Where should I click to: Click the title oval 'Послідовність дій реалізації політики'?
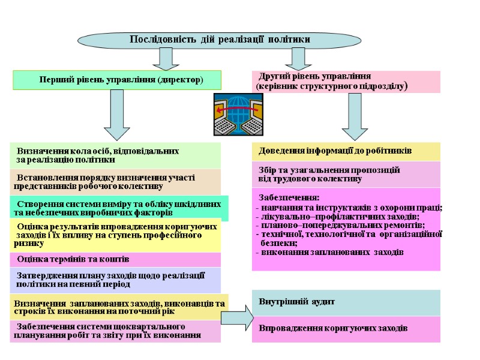(x=220, y=39)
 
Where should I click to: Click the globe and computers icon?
(x=238, y=114)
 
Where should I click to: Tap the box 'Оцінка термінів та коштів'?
(x=115, y=259)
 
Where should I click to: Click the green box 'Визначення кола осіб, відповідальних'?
(x=115, y=155)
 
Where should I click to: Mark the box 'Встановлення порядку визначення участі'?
(x=115, y=182)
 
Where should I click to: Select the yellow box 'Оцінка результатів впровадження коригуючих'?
(x=115, y=235)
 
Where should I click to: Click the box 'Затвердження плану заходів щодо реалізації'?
(x=115, y=280)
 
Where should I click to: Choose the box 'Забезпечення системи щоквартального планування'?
(x=115, y=331)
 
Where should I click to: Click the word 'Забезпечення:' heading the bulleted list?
(x=289, y=197)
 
